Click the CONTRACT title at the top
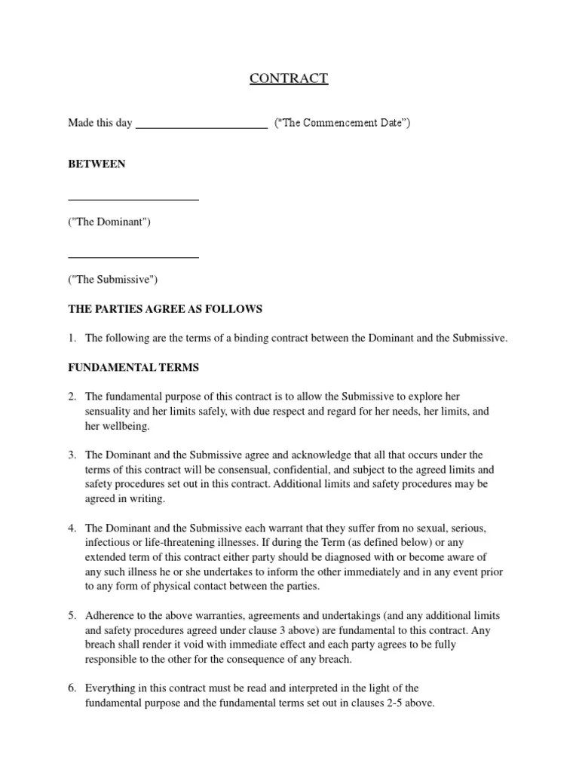point(289,78)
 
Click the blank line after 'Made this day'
point(201,128)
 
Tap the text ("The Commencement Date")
point(342,123)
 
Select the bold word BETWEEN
point(96,164)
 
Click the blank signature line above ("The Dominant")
point(133,200)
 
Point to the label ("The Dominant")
point(109,222)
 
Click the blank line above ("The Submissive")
point(133,258)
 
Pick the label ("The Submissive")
point(113,280)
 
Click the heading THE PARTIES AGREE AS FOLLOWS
point(165,309)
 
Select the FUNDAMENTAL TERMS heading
point(133,367)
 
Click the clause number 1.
point(72,339)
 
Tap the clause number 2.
point(72,397)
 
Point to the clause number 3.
point(72,455)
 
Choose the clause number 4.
point(72,528)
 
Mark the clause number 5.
point(72,616)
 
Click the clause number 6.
point(72,689)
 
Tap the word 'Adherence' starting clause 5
point(110,616)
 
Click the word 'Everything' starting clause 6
point(111,689)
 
